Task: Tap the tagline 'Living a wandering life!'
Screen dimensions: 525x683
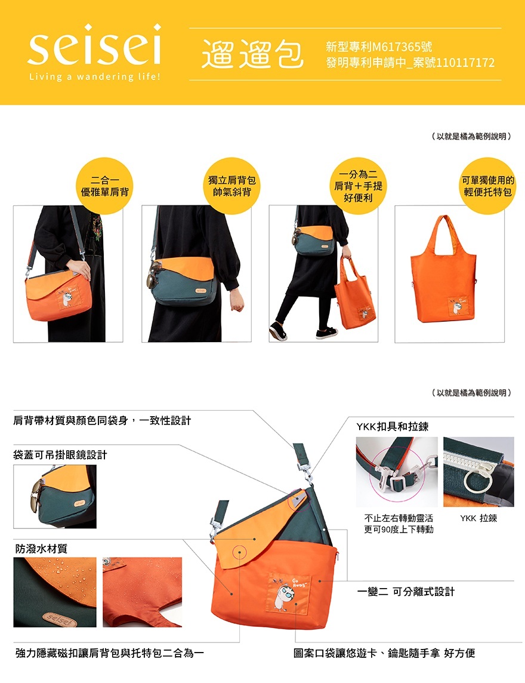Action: point(94,76)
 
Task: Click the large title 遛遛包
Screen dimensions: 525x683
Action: point(252,54)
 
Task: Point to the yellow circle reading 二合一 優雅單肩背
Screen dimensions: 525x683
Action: point(104,186)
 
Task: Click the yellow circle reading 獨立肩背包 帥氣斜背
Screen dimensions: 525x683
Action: point(231,186)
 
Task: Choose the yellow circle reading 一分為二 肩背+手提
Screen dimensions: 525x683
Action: point(358,186)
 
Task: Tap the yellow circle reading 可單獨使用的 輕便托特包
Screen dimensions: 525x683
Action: point(487,186)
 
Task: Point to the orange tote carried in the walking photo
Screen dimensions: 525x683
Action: point(354,293)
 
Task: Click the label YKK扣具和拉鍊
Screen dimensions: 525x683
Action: point(392,426)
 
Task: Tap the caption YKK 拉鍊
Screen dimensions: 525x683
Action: point(478,518)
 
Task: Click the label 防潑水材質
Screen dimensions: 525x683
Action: point(41,549)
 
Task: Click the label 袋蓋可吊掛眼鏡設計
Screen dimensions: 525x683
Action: point(60,455)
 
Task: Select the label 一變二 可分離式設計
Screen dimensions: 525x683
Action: point(406,592)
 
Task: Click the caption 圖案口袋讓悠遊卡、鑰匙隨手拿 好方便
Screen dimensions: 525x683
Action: point(384,653)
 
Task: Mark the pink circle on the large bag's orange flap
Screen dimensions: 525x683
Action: point(239,552)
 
